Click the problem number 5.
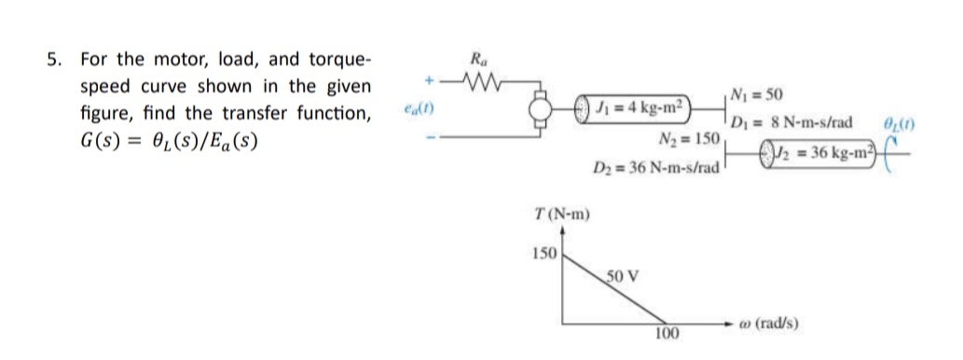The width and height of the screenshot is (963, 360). tap(55, 61)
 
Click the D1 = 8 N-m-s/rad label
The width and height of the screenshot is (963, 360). tap(792, 123)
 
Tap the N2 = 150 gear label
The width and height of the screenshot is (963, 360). tap(688, 138)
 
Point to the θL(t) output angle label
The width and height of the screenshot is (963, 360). tap(899, 123)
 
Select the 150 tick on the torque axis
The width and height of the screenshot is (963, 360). tap(543, 254)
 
